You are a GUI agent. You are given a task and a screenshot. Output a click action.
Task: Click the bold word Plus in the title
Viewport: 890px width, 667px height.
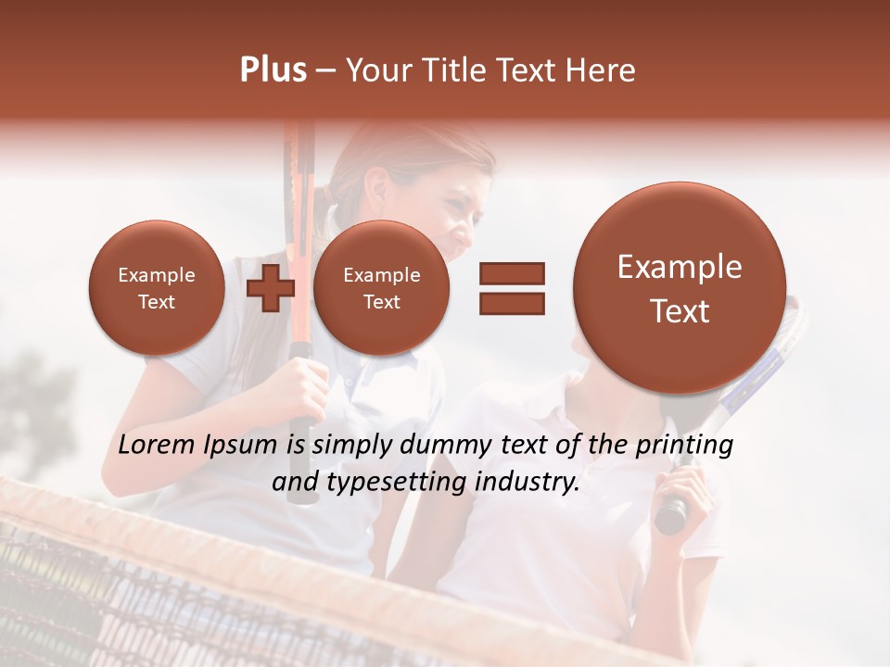273,70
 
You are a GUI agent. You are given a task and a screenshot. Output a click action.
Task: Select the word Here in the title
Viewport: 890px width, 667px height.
601,70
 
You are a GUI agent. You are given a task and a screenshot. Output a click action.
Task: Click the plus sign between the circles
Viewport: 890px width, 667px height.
270,288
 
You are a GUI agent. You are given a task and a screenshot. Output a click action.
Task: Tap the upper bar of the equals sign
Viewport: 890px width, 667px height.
511,272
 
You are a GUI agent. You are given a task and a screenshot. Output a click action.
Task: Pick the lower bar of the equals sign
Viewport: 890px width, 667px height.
511,303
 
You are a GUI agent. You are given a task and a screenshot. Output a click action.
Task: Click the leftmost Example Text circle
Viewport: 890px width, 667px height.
156,288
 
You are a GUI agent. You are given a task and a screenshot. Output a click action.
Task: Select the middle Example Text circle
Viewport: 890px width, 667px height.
381,288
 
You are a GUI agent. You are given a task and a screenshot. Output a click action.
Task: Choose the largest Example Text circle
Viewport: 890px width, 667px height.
680,288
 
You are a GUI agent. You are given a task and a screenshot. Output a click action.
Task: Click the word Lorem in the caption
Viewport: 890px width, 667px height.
159,445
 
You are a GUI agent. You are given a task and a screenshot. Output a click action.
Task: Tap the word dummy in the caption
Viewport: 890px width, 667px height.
443,446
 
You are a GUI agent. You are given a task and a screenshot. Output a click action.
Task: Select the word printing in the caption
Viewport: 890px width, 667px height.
684,446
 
